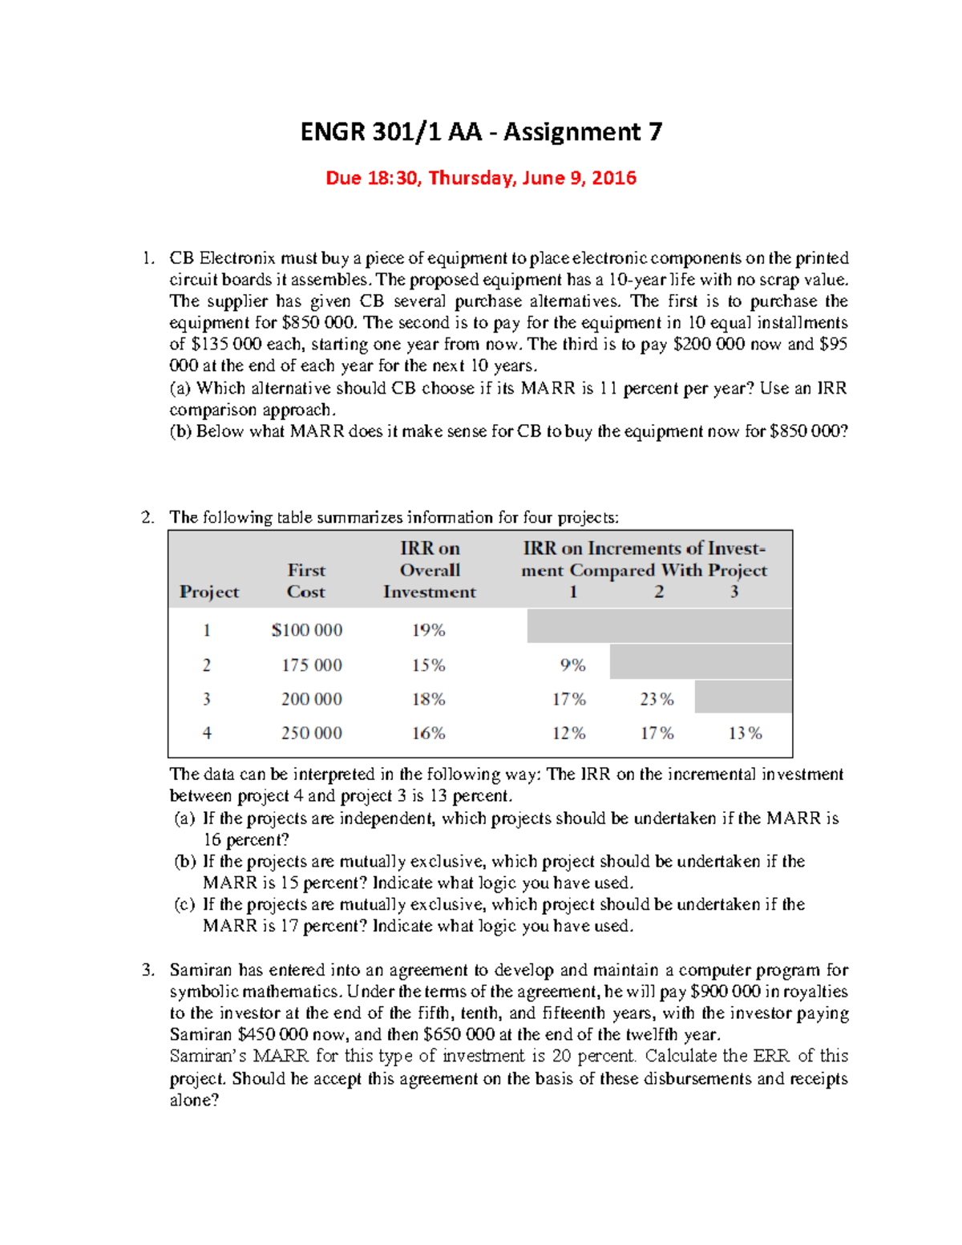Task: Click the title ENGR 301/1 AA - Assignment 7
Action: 481,131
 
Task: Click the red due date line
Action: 481,178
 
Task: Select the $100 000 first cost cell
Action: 307,630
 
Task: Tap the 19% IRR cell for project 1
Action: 428,630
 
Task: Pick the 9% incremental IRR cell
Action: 572,665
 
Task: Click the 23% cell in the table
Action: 657,699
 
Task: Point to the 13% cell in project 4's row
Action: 745,733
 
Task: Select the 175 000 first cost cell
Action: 311,665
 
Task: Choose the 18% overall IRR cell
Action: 428,699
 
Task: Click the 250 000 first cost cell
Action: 311,733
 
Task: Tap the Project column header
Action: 208,592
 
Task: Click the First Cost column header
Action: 306,581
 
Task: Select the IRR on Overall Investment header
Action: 430,570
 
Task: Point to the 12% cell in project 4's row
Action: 568,733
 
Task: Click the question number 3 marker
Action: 148,970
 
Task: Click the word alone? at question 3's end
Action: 194,1100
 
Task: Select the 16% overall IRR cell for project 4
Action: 428,733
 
